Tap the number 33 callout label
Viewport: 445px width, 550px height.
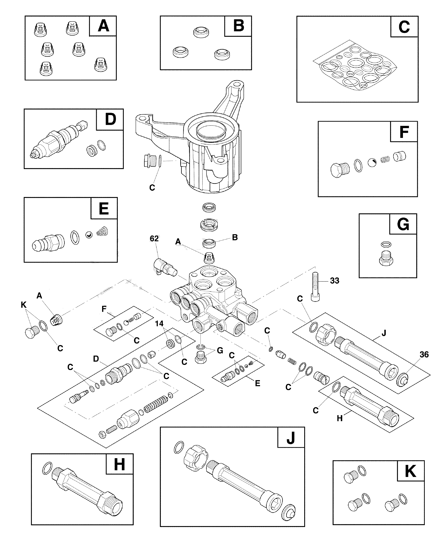pos(335,281)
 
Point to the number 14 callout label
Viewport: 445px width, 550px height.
pos(159,324)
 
